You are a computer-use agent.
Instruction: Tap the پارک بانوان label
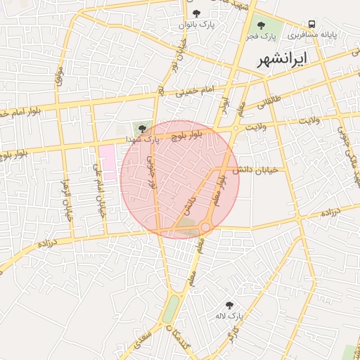click(196, 25)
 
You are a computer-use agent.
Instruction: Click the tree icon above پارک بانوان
click(196, 13)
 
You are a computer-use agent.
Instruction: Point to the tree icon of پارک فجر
click(262, 25)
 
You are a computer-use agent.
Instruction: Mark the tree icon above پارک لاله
click(229, 305)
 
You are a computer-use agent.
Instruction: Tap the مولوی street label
click(59, 78)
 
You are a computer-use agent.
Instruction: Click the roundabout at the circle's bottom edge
click(205, 227)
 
